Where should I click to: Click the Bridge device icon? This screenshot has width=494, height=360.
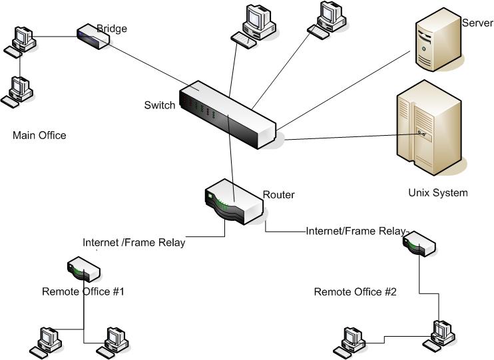click(93, 37)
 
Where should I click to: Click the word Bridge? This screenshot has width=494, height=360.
click(112, 29)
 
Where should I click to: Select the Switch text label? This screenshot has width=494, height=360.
click(160, 105)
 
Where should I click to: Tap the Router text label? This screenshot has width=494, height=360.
click(279, 195)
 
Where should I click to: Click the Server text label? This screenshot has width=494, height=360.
click(477, 23)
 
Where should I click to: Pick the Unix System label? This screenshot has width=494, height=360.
click(437, 193)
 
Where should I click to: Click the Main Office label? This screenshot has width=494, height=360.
click(39, 136)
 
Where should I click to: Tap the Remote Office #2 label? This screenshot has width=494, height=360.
click(355, 291)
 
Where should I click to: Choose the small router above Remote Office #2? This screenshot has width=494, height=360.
click(419, 242)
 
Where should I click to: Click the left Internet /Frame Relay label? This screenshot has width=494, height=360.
click(134, 243)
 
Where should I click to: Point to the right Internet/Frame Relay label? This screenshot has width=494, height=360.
click(355, 231)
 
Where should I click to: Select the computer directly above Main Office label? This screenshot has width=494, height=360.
click(17, 91)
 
